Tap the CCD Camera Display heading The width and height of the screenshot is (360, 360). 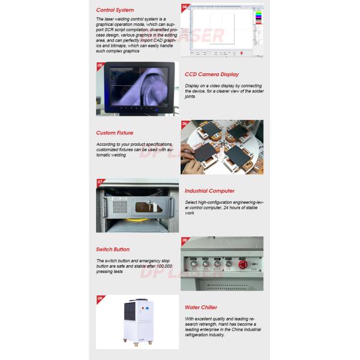(x=212, y=74)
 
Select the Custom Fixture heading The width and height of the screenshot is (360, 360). (x=115, y=133)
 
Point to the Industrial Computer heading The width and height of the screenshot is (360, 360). (x=209, y=191)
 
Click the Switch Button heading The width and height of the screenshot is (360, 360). (x=113, y=249)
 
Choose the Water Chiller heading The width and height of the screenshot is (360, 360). (x=200, y=307)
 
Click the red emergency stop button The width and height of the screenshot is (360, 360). (x=243, y=263)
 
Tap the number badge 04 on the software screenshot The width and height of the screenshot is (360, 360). (x=185, y=7)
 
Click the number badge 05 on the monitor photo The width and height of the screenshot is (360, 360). (x=100, y=65)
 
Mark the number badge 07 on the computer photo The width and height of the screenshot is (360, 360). (x=100, y=181)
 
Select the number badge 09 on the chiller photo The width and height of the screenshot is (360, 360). (x=100, y=298)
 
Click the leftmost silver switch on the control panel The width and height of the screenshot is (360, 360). (x=194, y=263)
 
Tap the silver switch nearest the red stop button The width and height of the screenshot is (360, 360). (x=228, y=263)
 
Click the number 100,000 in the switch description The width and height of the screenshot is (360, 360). (x=163, y=266)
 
